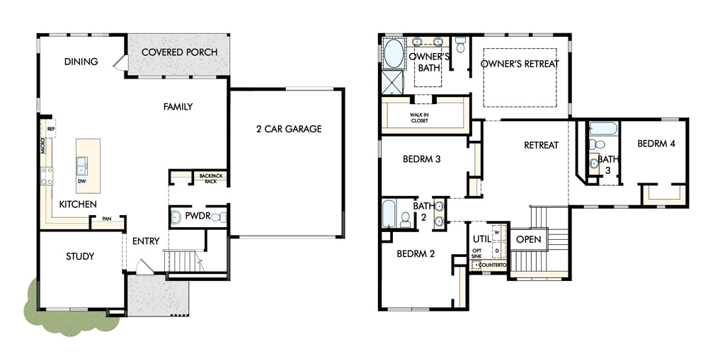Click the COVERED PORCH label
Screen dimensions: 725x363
pyautogui.click(x=179, y=52)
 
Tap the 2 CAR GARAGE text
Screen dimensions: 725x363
pyautogui.click(x=289, y=129)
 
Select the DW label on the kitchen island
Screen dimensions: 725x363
pyautogui.click(x=81, y=181)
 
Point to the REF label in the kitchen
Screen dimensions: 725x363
pyautogui.click(x=51, y=129)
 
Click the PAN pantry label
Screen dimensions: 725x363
pyautogui.click(x=107, y=219)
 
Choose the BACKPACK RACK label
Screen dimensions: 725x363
pyautogui.click(x=211, y=178)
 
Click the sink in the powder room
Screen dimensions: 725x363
pyautogui.click(x=176, y=217)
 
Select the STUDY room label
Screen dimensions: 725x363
pyautogui.click(x=80, y=256)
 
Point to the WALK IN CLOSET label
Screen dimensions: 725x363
pyautogui.click(x=419, y=117)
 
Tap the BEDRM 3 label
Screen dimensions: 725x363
pyautogui.click(x=422, y=159)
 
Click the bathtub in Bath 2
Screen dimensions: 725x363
pyautogui.click(x=389, y=214)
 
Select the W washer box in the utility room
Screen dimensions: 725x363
pyautogui.click(x=498, y=232)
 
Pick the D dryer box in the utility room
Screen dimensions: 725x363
pyautogui.click(x=498, y=250)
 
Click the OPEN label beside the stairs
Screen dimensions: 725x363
pyautogui.click(x=528, y=240)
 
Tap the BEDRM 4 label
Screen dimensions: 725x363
pyautogui.click(x=656, y=144)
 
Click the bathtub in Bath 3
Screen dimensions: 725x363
pyautogui.click(x=603, y=128)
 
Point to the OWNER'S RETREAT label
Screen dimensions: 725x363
pyautogui.click(x=520, y=64)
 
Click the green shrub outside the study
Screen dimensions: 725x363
pyautogui.click(x=69, y=314)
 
